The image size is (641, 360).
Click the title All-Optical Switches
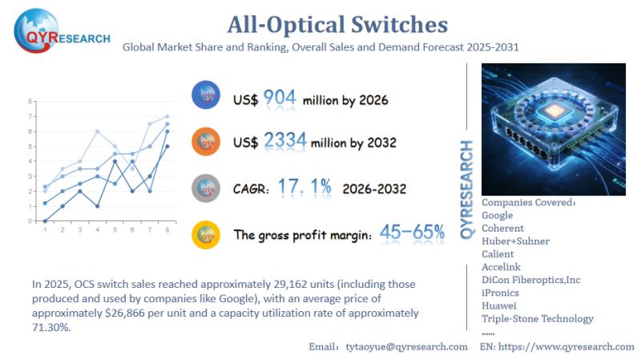click(320, 23)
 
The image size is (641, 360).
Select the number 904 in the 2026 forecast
click(280, 98)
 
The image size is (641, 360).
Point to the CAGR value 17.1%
click(304, 188)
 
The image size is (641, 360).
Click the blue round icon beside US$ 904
click(206, 97)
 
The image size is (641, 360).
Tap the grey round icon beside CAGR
click(206, 188)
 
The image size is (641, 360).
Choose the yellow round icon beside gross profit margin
click(206, 235)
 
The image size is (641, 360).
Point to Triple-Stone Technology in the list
click(538, 318)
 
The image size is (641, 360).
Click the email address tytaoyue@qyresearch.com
click(406, 346)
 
